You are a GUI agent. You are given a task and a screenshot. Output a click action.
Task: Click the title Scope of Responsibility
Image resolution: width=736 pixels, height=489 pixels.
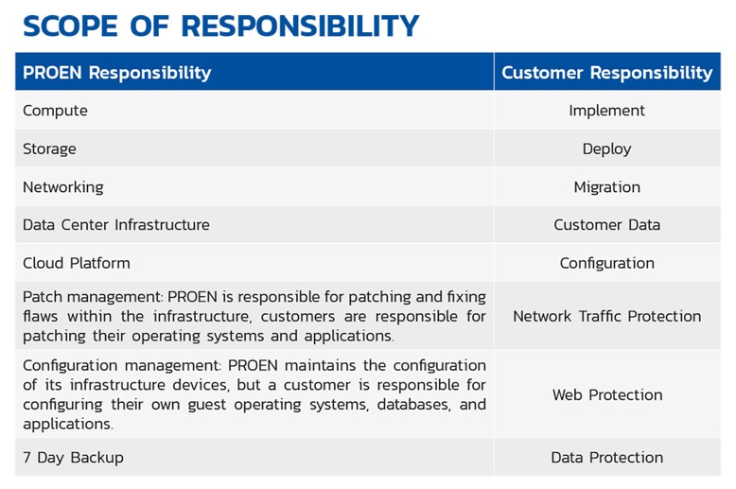[x=220, y=26]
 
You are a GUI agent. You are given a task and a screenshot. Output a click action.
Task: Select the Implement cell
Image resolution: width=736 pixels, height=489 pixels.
[x=607, y=111]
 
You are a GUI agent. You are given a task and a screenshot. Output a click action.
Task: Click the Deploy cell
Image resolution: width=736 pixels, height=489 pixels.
[x=607, y=148]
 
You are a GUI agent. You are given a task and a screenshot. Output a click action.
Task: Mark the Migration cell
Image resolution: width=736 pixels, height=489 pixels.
[x=607, y=187]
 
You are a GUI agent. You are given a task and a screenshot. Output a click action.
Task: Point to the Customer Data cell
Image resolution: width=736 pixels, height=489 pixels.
[x=607, y=225]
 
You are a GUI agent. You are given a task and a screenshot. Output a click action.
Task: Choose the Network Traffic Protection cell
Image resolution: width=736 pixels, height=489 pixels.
[x=607, y=316]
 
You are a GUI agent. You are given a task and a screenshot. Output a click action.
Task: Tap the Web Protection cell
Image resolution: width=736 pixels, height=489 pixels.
[x=607, y=394]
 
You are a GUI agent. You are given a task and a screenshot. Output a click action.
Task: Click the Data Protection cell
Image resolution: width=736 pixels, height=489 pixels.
[x=607, y=458]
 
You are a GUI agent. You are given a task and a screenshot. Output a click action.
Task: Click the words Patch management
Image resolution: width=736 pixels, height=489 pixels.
[x=92, y=298]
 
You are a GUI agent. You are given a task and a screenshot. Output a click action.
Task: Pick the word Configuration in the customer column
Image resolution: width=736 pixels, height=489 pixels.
[x=607, y=263]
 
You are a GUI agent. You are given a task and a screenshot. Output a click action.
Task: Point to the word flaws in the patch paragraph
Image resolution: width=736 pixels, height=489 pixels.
[x=41, y=316]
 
